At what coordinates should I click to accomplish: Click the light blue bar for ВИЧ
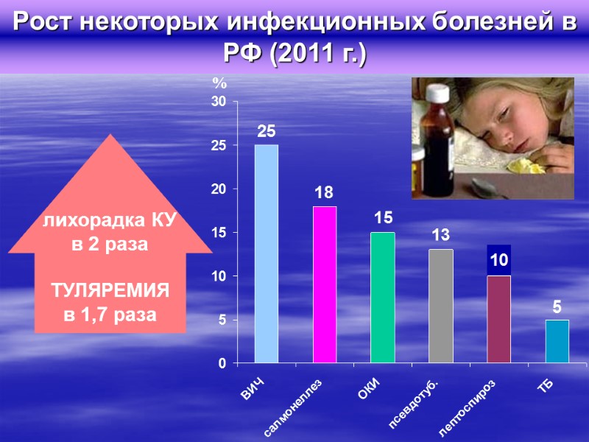click(266, 253)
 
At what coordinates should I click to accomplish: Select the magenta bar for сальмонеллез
click(324, 284)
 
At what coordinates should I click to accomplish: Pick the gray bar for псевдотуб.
click(440, 306)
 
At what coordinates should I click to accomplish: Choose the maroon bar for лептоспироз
click(498, 319)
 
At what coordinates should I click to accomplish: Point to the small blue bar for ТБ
click(557, 341)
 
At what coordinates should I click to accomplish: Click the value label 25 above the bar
click(266, 132)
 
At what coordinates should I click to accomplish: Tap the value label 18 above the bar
click(324, 193)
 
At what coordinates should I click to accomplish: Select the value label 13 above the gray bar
click(440, 236)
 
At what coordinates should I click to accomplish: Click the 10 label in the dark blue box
click(498, 260)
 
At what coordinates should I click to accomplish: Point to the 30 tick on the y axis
click(219, 102)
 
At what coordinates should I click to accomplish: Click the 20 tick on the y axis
click(219, 189)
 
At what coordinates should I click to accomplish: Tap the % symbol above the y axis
click(218, 83)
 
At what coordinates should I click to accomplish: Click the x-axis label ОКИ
click(369, 387)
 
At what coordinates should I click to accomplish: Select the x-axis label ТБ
click(546, 384)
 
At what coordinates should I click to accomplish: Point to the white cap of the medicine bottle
click(437, 94)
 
